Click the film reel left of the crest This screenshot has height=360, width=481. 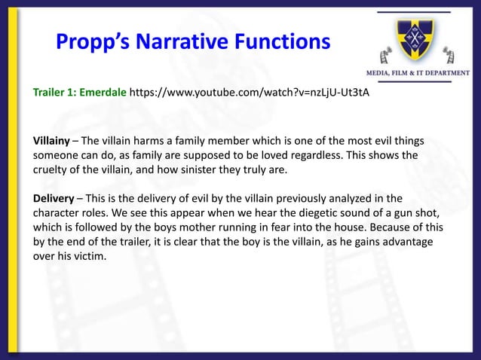pos(384,54)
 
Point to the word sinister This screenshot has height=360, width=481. pos(191,170)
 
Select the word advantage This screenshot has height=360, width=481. pos(412,242)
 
